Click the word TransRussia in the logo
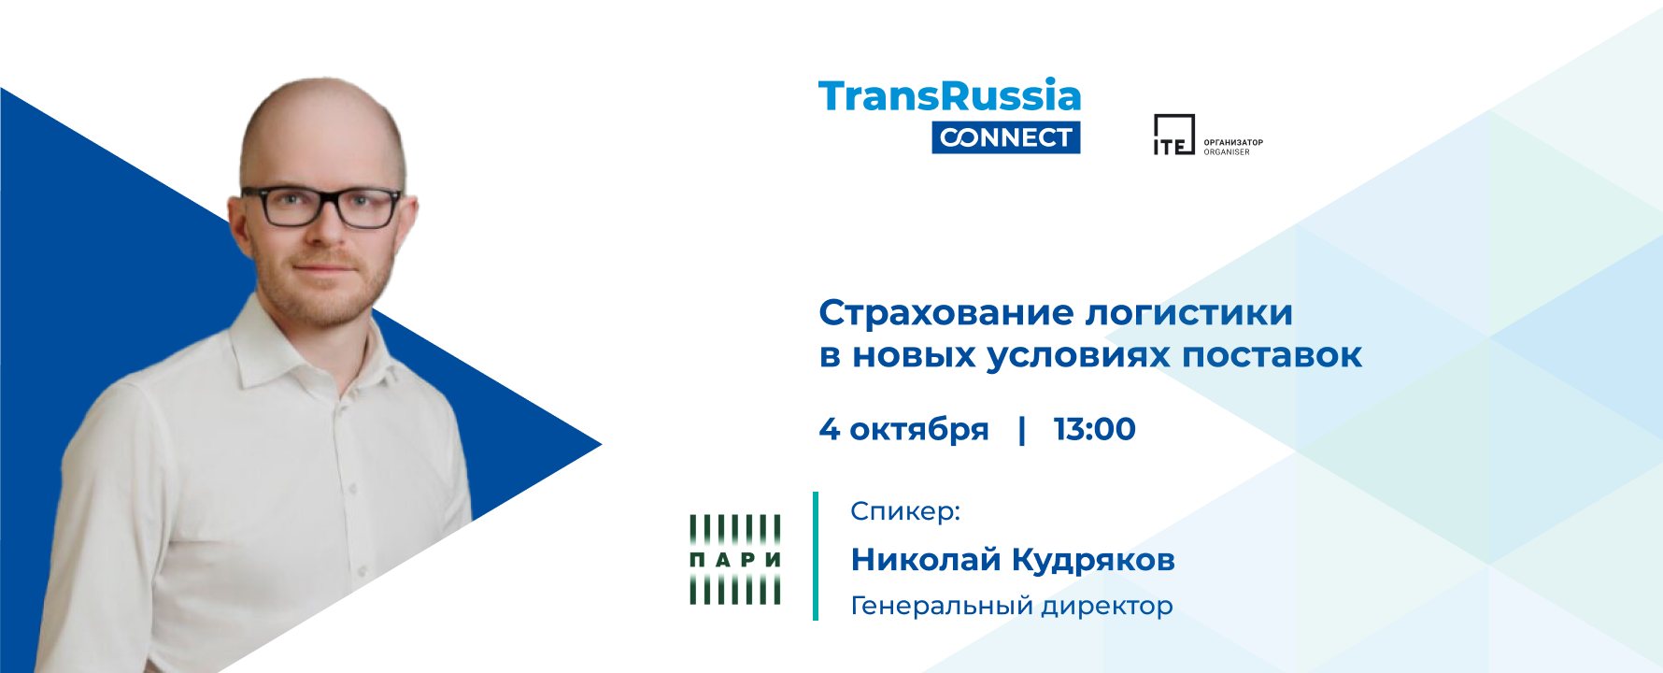click(x=949, y=96)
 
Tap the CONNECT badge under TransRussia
click(x=1006, y=137)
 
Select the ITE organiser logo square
click(x=1173, y=135)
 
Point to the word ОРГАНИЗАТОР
click(x=1233, y=143)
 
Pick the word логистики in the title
click(x=1188, y=314)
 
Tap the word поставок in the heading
click(x=1272, y=356)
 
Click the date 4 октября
click(x=903, y=429)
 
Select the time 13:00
click(x=1094, y=429)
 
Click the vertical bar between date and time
click(x=1021, y=430)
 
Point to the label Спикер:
click(x=905, y=511)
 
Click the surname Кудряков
click(x=1093, y=560)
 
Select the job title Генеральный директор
click(x=1012, y=607)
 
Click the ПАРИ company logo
click(x=735, y=559)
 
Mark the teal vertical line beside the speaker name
click(x=816, y=556)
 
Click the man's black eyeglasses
click(x=320, y=207)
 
